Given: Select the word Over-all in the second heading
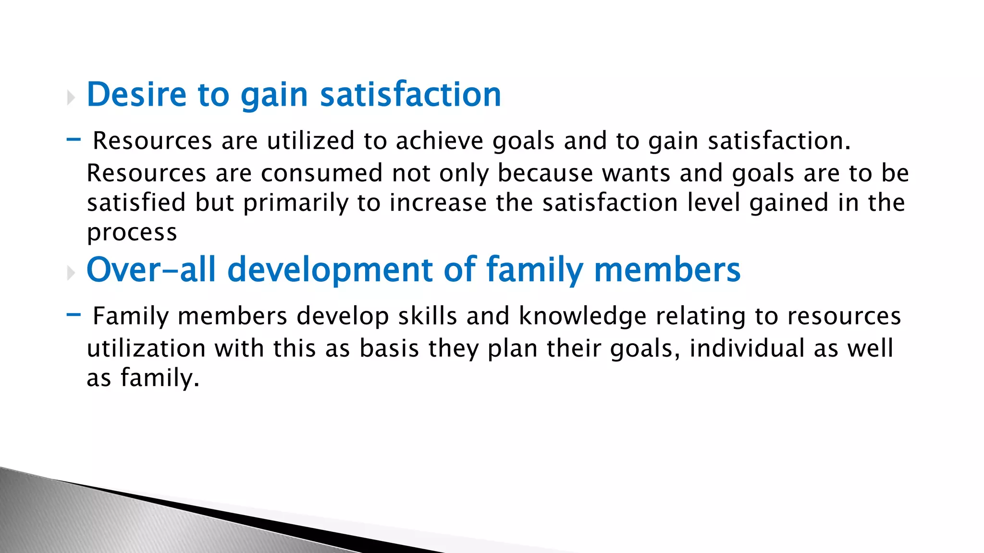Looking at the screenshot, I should pyautogui.click(x=150, y=270).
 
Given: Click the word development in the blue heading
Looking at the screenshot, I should pyautogui.click(x=330, y=270).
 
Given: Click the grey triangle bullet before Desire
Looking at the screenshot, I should pyautogui.click(x=71, y=98).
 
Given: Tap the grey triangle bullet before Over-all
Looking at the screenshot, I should pyautogui.click(x=71, y=274).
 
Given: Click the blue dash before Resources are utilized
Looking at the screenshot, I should pyautogui.click(x=74, y=140).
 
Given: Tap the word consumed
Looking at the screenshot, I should pyautogui.click(x=321, y=173).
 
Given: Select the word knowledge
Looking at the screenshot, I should pyautogui.click(x=582, y=317).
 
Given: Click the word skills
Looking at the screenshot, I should pyautogui.click(x=427, y=317).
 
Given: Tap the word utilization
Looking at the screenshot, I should pyautogui.click(x=146, y=349).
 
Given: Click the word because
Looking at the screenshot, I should pyautogui.click(x=545, y=173).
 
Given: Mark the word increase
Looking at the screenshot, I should pyautogui.click(x=438, y=203).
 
